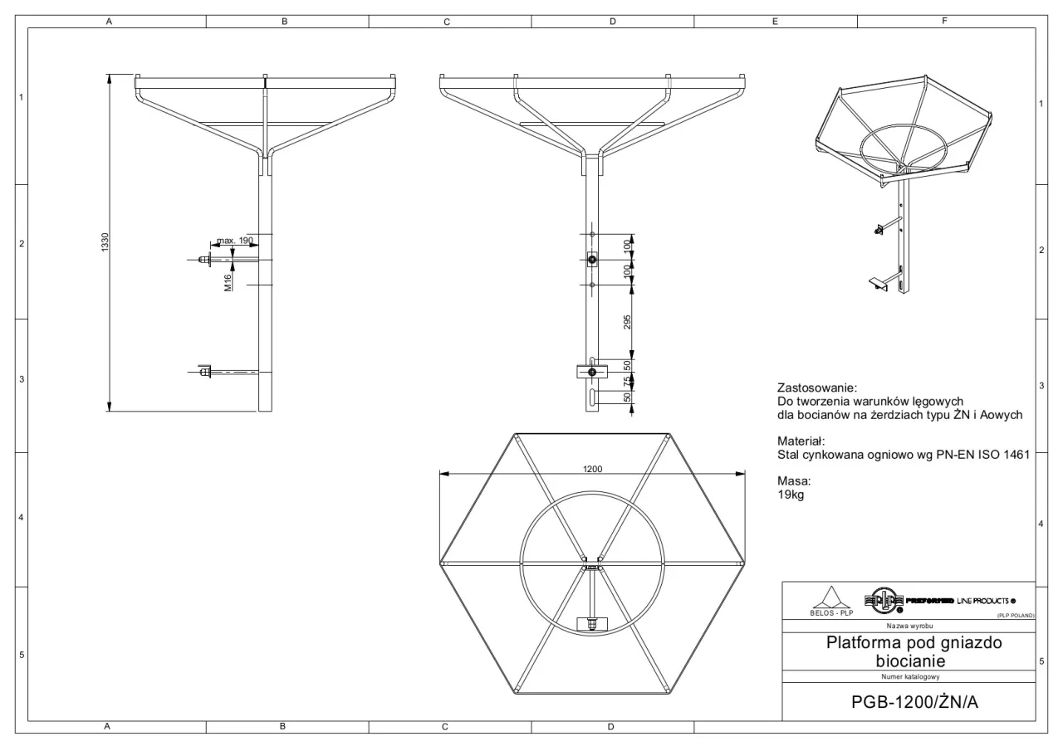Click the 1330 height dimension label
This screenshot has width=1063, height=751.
click(x=105, y=242)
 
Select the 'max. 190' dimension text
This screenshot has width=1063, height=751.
click(x=235, y=241)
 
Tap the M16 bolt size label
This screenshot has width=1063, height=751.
click(x=228, y=283)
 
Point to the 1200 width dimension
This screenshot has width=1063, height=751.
click(x=592, y=469)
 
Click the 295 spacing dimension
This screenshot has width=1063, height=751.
click(x=627, y=323)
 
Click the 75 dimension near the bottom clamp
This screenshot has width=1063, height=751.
click(x=627, y=381)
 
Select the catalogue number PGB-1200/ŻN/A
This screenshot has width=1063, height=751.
click(x=914, y=702)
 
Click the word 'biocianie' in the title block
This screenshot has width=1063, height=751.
click(x=910, y=661)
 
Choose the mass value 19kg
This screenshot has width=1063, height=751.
click(x=791, y=495)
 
